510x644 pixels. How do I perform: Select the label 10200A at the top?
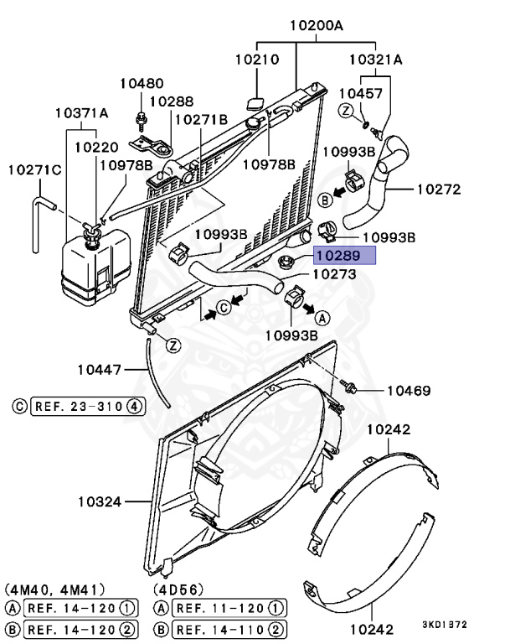[317, 25]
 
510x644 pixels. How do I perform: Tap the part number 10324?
[101, 502]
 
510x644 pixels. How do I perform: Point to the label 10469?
[408, 391]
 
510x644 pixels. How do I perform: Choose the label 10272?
[439, 190]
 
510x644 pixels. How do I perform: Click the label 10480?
[142, 83]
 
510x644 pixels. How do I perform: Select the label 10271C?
[35, 170]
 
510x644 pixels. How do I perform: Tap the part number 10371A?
[82, 112]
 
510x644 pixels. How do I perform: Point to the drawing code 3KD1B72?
[444, 625]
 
